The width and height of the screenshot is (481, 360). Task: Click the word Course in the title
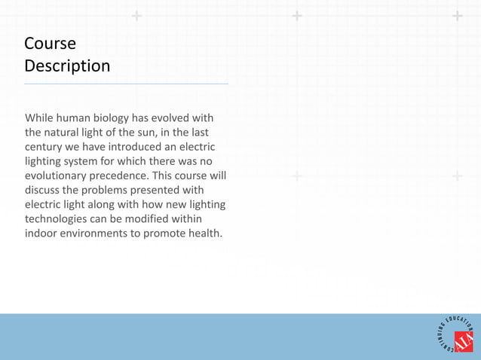tap(50, 43)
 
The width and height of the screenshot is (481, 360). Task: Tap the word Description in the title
tap(67, 66)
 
